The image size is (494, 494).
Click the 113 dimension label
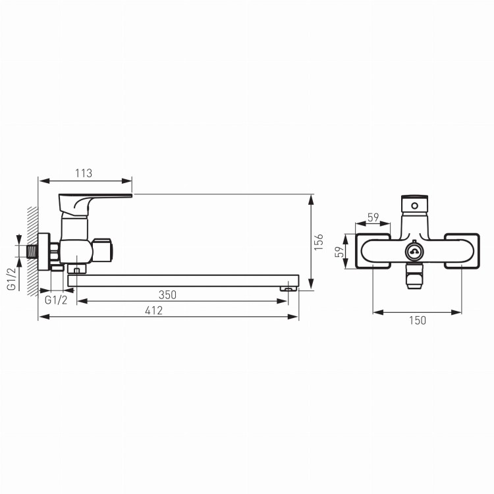pos(84,173)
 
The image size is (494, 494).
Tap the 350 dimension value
pos(167,295)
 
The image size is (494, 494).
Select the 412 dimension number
pos(153,311)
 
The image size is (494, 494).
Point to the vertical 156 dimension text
pos(319,242)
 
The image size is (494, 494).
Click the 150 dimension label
pos(418,320)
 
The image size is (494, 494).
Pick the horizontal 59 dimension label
pos(373,217)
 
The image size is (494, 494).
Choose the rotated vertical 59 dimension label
pos(340,252)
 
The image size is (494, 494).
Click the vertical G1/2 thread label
pos(11,279)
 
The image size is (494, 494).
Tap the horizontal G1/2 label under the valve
pos(56,300)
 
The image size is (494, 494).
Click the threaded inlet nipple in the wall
pos(32,252)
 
